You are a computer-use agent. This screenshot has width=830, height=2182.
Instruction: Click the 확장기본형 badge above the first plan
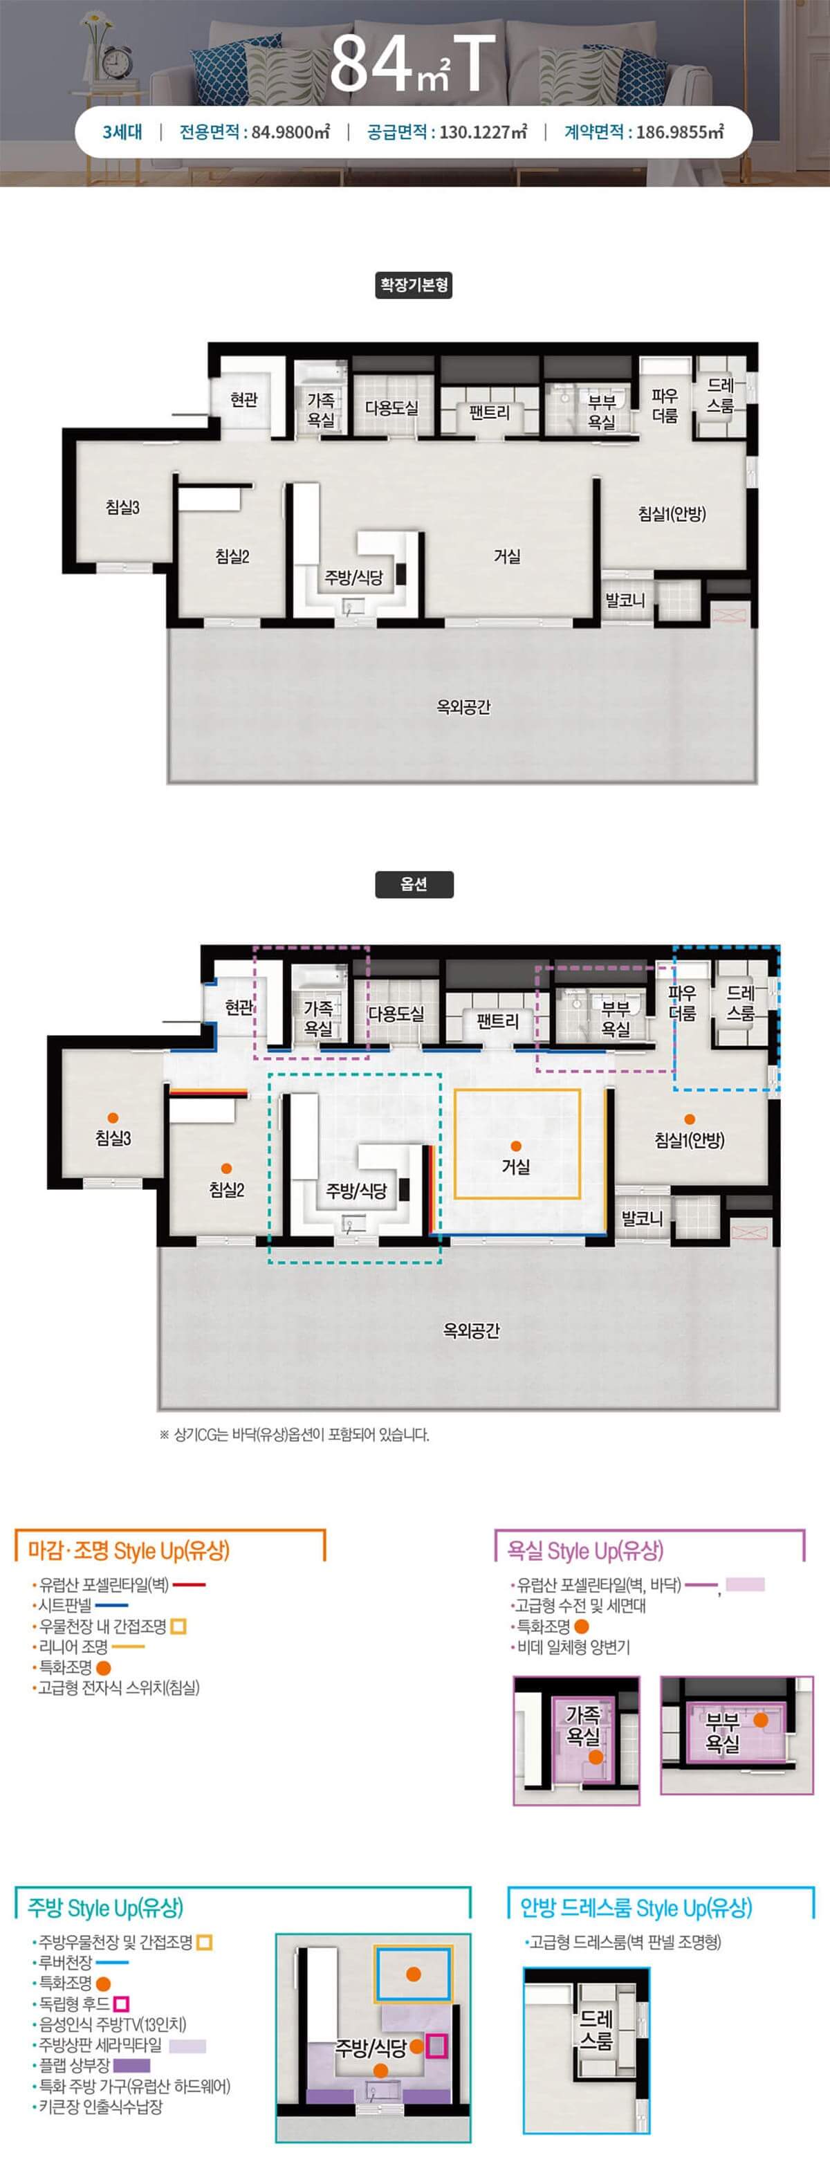click(414, 284)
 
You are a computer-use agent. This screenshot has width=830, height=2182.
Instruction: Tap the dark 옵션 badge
click(414, 884)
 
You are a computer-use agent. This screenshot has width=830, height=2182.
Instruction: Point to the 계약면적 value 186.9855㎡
click(680, 132)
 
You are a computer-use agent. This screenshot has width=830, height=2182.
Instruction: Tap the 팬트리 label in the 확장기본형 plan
click(490, 412)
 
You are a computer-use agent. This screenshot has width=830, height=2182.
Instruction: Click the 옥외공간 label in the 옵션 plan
click(472, 1330)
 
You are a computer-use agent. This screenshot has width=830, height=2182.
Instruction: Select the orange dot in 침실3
click(113, 1118)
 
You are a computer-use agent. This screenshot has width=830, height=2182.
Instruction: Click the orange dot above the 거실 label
click(517, 1146)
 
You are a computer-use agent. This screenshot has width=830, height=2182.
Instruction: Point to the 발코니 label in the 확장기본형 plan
click(625, 600)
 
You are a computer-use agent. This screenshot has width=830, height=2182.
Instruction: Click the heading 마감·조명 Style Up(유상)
click(129, 1551)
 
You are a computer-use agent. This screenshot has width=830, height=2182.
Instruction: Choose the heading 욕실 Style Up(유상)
click(585, 1551)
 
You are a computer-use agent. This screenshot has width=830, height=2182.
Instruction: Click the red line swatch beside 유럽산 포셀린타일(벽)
click(189, 1585)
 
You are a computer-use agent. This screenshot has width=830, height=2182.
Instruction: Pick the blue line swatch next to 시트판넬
click(112, 1605)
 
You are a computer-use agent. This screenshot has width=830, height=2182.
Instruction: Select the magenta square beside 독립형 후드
click(121, 2004)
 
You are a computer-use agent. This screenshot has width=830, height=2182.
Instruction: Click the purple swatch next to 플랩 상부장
click(131, 2066)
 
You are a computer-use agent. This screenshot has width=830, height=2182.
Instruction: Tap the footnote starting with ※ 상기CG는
click(294, 1435)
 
